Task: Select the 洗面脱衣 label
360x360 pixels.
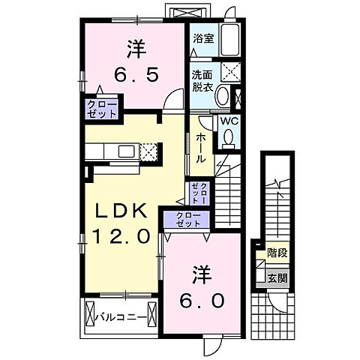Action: click(201, 80)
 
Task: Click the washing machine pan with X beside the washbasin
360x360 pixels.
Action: click(228, 73)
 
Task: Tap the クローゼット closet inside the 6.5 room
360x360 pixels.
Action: click(102, 109)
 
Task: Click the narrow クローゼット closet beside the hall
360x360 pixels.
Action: click(199, 193)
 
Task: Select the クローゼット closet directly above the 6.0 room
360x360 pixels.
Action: click(188, 220)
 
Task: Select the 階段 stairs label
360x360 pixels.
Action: click(275, 253)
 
